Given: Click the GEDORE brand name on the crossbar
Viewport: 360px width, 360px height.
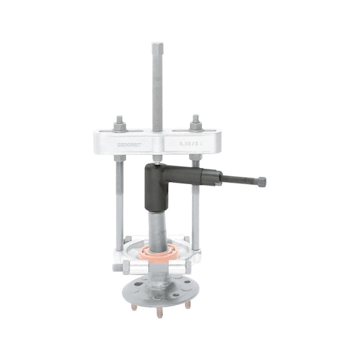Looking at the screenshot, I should pyautogui.click(x=130, y=143).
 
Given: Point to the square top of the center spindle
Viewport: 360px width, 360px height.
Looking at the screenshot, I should pyautogui.click(x=157, y=47).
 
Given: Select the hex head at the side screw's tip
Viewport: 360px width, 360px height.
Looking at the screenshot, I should pyautogui.click(x=261, y=182).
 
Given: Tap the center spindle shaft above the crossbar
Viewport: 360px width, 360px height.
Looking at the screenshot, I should pyautogui.click(x=157, y=87).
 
